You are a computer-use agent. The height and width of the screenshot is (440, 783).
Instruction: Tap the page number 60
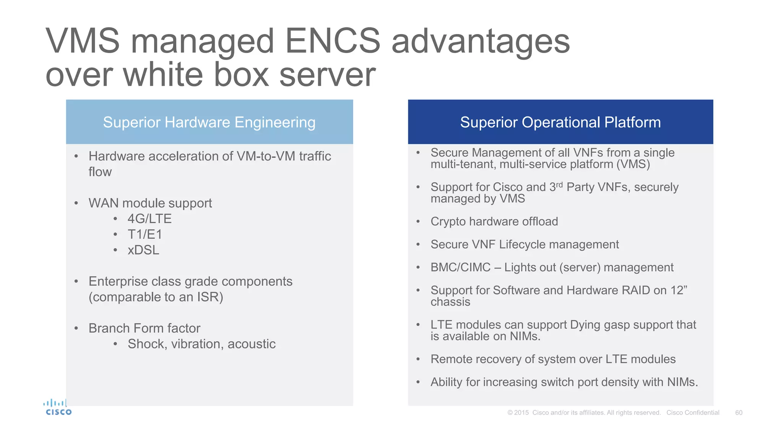point(739,412)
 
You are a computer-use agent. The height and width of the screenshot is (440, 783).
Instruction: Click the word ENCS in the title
point(333,41)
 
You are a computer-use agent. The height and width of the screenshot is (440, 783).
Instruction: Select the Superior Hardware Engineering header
point(209,122)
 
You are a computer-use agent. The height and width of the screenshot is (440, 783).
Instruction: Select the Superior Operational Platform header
point(560,122)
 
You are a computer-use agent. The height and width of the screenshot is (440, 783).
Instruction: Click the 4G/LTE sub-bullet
point(149,218)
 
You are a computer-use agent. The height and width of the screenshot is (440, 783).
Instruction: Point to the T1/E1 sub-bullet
point(145,234)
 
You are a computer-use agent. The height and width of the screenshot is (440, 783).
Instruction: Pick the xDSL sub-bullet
point(143,250)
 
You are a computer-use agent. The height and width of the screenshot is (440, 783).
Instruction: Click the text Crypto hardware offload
point(494,222)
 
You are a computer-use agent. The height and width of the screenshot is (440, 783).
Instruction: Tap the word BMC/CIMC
point(460,267)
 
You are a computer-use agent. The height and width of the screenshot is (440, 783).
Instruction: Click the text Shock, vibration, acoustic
point(201,344)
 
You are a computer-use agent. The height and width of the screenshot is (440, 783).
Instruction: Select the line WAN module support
point(150,203)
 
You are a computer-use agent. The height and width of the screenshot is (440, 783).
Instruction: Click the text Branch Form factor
point(144,328)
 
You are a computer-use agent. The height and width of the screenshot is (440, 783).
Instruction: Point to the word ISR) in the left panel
point(210,297)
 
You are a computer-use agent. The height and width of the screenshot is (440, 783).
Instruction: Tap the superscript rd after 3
point(559,184)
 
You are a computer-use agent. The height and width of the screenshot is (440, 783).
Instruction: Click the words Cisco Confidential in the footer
point(692,412)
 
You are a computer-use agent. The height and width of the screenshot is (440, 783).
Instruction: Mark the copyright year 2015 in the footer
point(521,412)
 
